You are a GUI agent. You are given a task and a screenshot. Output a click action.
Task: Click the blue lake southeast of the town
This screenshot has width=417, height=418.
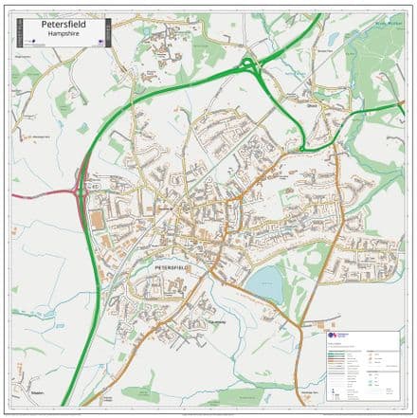tap(265, 281)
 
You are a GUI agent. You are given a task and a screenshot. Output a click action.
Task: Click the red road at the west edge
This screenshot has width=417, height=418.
tap(28, 194)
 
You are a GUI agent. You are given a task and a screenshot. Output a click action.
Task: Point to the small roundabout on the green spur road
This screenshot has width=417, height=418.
tap(302, 149)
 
